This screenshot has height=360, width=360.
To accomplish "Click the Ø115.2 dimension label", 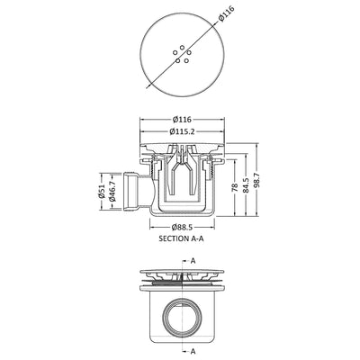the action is [182, 131].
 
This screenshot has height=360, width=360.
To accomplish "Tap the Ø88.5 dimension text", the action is [182, 228].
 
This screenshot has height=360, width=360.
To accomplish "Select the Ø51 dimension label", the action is [102, 191].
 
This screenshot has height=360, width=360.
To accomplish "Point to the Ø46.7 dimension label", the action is [112, 191].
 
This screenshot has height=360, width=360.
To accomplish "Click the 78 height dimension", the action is [235, 188].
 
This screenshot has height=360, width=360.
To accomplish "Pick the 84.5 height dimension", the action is [246, 185].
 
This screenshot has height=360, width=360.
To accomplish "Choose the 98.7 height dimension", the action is [256, 180].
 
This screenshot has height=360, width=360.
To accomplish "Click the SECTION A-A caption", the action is [183, 238].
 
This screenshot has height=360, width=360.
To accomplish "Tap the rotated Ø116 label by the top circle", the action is [227, 13].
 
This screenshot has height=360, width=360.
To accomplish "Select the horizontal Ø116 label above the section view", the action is [182, 120].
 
